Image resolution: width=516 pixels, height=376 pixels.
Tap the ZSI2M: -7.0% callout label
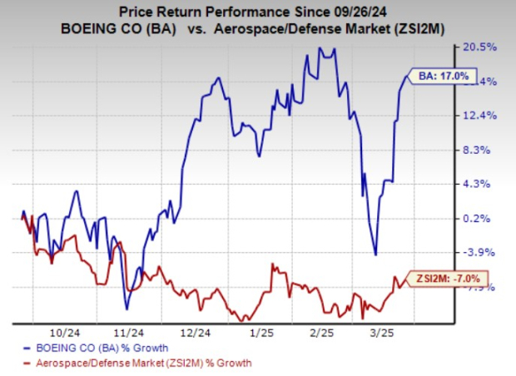tap(446, 279)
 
